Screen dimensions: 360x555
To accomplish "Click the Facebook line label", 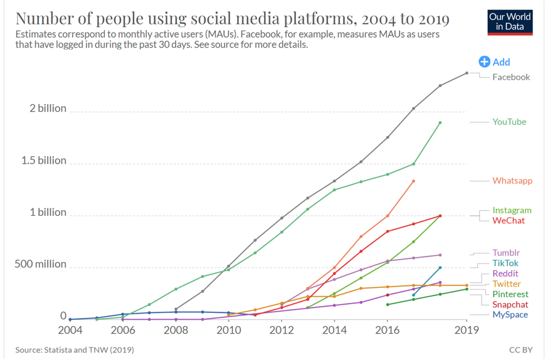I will pyautogui.click(x=511, y=77).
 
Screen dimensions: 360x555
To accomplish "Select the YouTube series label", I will pyautogui.click(x=509, y=122).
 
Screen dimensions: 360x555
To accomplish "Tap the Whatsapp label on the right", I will pyautogui.click(x=512, y=181).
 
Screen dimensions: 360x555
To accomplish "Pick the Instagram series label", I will pyautogui.click(x=512, y=210).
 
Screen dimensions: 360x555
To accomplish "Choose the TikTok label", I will pyautogui.click(x=505, y=263).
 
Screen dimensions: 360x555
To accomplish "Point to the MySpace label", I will pyautogui.click(x=510, y=315).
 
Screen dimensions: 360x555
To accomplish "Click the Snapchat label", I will pyautogui.click(x=510, y=304).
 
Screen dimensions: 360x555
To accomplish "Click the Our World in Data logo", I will pyautogui.click(x=509, y=22).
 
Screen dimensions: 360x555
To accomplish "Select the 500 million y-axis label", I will pyautogui.click(x=40, y=264).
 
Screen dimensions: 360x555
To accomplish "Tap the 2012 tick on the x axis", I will pyautogui.click(x=282, y=330).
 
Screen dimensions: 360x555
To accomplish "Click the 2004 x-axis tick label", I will pyautogui.click(x=70, y=330).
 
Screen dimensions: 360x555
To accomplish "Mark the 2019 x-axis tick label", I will pyautogui.click(x=466, y=330).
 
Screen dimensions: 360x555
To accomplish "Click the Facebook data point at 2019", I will pyautogui.click(x=467, y=73).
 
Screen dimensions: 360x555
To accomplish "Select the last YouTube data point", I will pyautogui.click(x=440, y=122).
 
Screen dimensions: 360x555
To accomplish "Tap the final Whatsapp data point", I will pyautogui.click(x=414, y=181).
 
